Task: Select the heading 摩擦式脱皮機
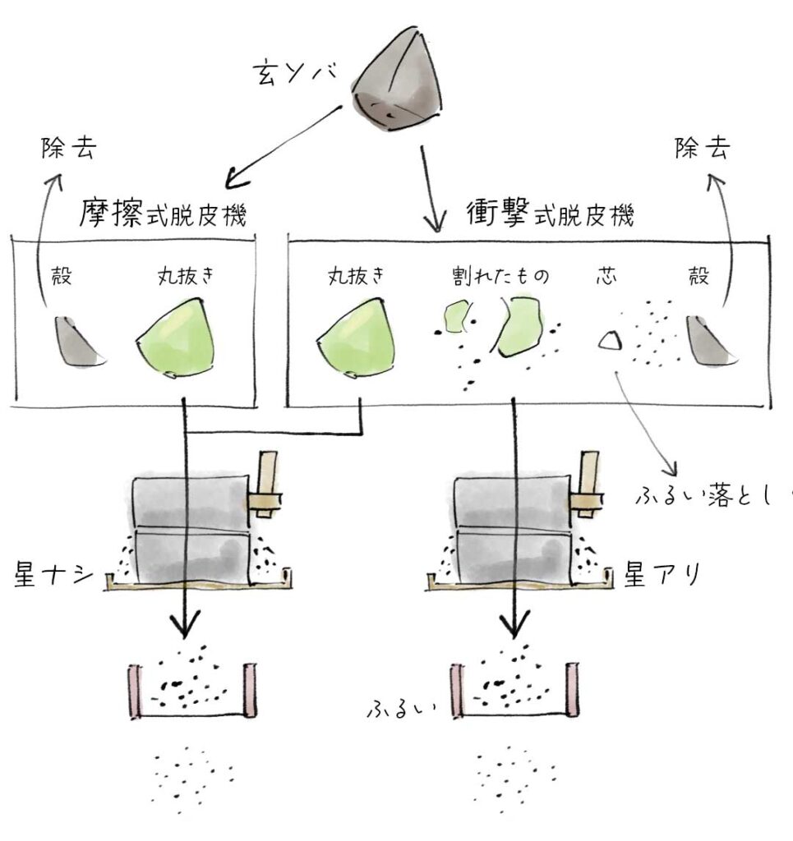tap(164, 215)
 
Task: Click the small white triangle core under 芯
tap(609, 340)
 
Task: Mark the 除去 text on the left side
tap(70, 148)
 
